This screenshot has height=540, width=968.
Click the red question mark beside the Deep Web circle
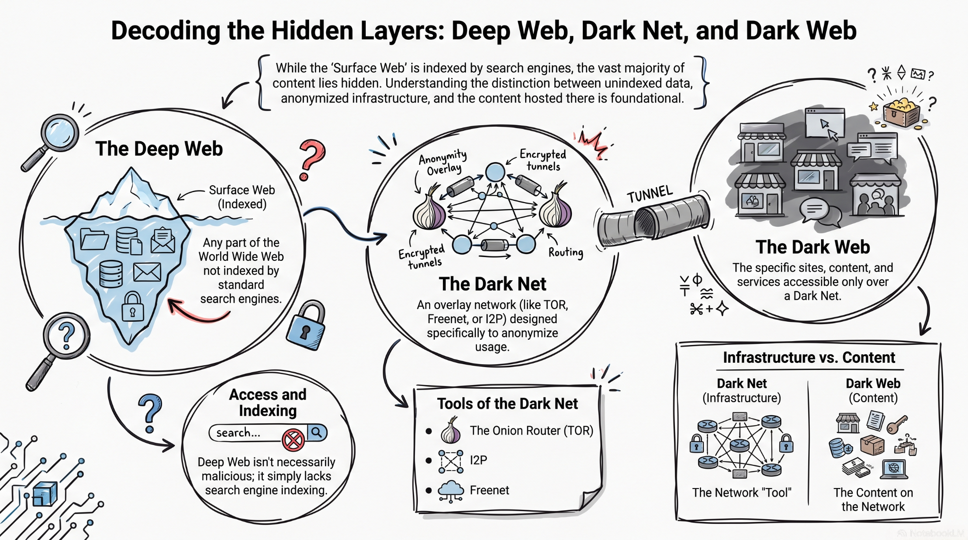coord(312,160)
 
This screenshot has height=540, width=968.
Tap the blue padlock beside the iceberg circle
coord(306,326)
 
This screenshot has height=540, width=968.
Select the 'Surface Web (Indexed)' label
coord(242,197)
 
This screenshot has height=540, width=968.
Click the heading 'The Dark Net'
coord(493,284)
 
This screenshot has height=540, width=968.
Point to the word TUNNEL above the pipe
coord(650,194)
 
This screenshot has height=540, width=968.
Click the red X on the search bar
coord(293,440)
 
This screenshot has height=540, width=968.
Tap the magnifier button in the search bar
coord(317,432)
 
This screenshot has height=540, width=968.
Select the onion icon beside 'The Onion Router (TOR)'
coord(451,430)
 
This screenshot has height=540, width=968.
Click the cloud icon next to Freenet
coord(450,491)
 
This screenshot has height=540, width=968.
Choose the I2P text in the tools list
coord(478,460)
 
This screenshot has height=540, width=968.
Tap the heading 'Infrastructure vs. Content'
coord(809,358)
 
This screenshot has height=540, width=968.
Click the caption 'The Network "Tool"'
coord(742,492)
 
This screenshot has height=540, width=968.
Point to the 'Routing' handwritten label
coord(566,252)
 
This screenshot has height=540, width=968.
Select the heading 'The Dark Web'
coord(812,247)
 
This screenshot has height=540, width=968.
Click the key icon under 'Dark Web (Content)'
coord(897,424)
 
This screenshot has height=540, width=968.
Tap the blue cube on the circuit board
coord(45,494)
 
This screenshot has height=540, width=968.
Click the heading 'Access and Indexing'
coord(268,402)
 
